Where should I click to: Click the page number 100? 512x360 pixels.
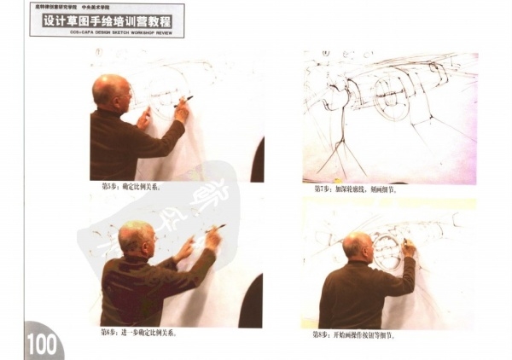tap(40, 345)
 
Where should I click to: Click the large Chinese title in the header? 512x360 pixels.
tap(107, 21)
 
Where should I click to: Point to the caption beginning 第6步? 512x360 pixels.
tap(137, 333)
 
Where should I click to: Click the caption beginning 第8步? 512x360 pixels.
tap(353, 335)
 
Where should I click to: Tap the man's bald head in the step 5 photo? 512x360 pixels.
tap(108, 90)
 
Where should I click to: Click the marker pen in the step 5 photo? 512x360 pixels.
tap(186, 100)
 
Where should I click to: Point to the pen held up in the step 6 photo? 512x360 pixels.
tap(215, 227)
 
